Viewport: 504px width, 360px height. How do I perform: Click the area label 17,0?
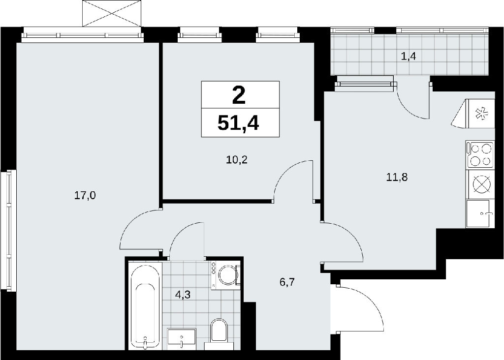point(85,195)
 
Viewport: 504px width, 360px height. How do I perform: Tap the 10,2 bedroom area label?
point(237,159)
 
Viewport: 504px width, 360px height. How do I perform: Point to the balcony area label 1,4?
point(409,57)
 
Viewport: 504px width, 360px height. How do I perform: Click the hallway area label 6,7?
point(287,282)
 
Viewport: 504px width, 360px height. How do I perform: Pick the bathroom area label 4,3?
point(183,295)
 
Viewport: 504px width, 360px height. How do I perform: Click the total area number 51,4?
point(238,122)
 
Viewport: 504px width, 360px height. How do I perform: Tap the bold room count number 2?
point(239,96)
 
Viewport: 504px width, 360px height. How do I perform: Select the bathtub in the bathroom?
point(145,306)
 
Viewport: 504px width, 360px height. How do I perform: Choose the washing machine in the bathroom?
point(225,275)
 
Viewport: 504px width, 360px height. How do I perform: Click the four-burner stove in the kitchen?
point(479,155)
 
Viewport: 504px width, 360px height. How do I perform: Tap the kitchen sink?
point(479,213)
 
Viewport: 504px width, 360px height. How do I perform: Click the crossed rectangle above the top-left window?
point(112,13)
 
